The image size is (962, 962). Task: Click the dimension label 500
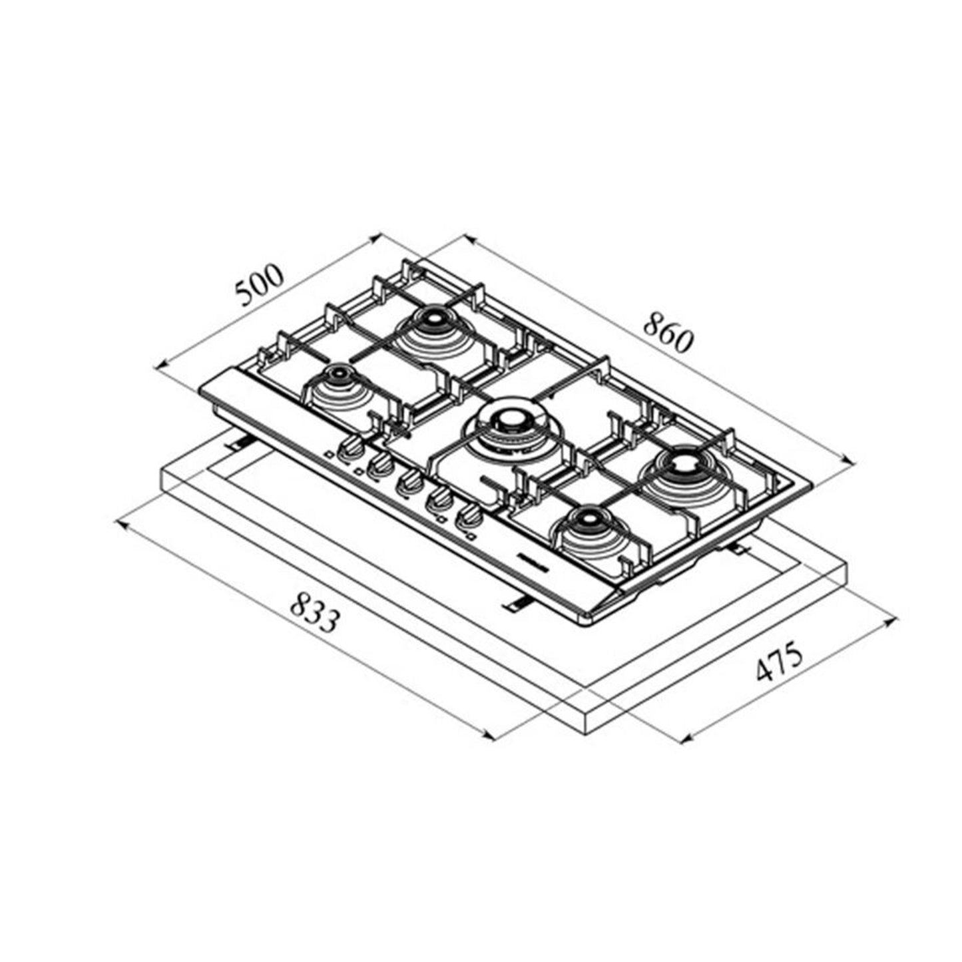tap(260, 286)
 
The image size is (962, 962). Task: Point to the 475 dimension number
tap(780, 663)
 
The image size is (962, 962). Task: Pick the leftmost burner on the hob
tap(340, 379)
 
